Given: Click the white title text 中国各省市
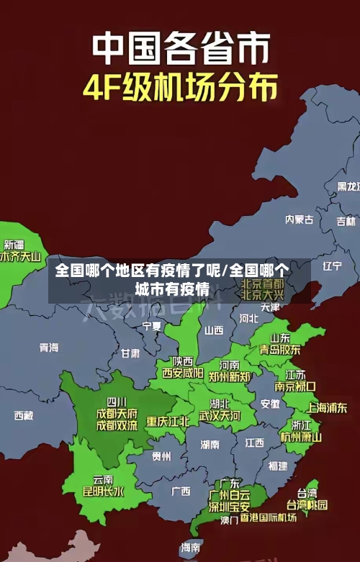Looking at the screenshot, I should click(x=181, y=48).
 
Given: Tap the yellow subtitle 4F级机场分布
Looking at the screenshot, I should click(x=180, y=89).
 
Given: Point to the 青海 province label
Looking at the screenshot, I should click(x=49, y=347).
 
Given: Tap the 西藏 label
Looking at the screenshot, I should click(x=24, y=415).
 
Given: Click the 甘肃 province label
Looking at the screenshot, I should click(x=130, y=353).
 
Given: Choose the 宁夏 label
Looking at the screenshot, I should click(x=152, y=326).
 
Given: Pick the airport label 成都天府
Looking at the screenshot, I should click(x=116, y=414).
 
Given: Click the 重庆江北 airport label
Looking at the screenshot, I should click(x=168, y=421).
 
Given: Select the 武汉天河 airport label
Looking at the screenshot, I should click(x=220, y=416).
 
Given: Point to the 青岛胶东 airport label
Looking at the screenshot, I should click(x=280, y=350).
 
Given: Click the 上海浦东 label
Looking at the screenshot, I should click(x=327, y=407).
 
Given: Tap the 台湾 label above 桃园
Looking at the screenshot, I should click(x=307, y=494).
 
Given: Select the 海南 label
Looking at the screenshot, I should click(x=191, y=548).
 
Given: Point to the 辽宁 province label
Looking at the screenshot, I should click(x=332, y=266).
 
